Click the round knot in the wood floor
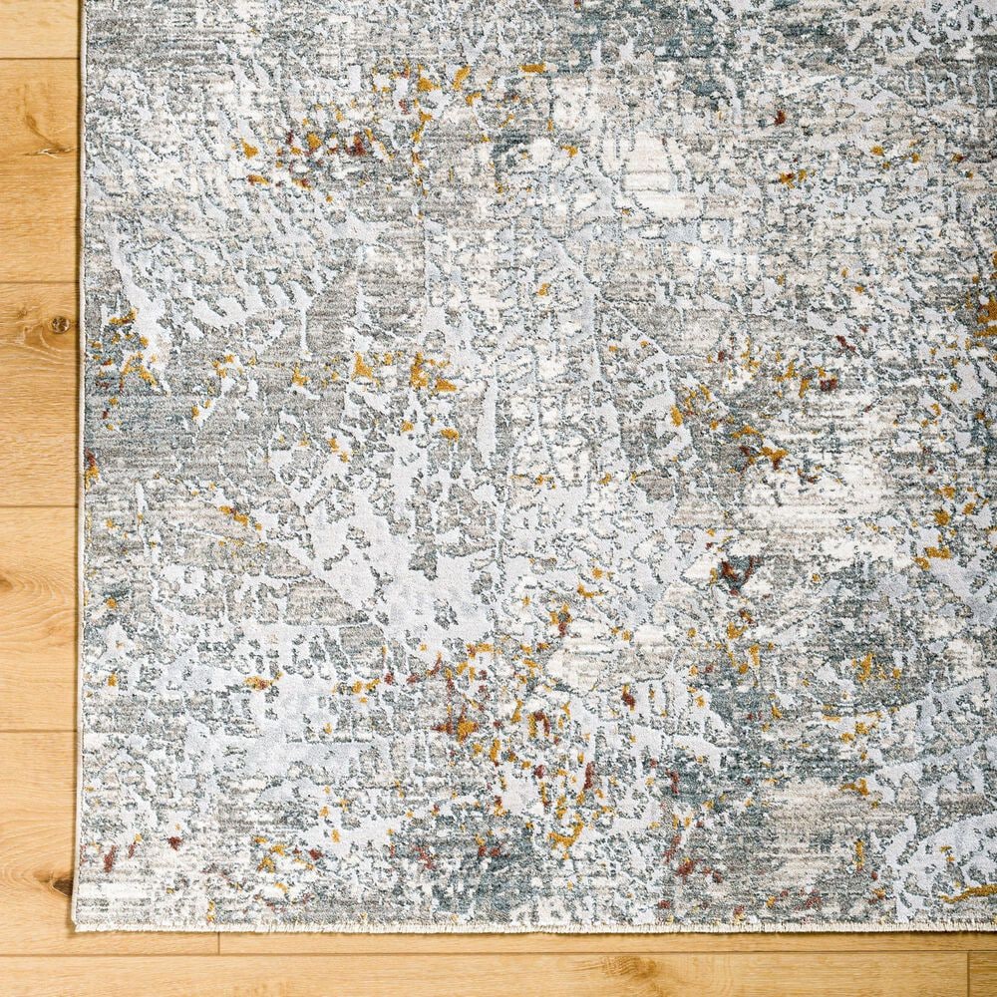coord(59,324)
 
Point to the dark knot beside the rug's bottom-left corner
coord(62,883)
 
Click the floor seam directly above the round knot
coord(40,283)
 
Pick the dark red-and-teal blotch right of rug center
coord(735,573)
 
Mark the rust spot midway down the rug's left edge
coord(90,465)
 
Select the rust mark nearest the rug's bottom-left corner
coord(110,855)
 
